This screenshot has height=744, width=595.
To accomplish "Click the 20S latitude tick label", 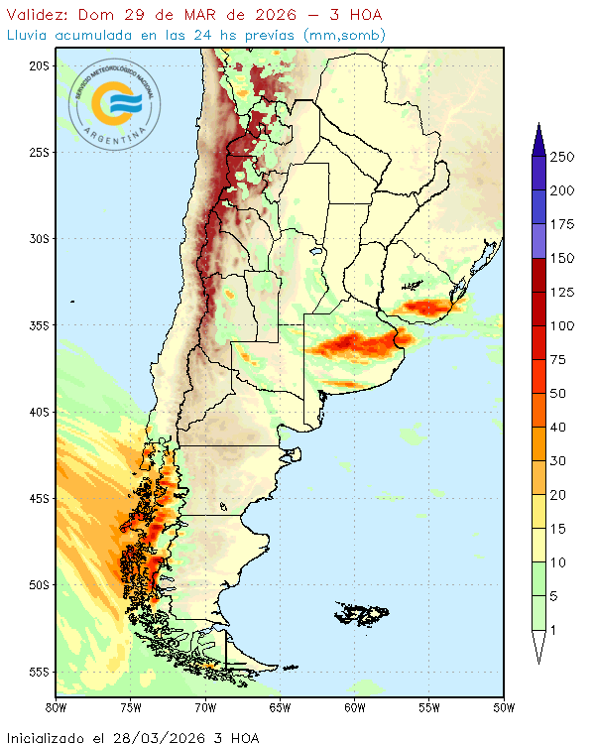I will (38, 65).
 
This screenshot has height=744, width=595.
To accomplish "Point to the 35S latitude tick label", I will (38, 325).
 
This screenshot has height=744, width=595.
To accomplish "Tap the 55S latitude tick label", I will (38, 672).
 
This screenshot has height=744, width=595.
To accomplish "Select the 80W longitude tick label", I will (57, 707).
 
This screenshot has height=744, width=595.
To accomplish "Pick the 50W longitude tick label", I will (504, 707).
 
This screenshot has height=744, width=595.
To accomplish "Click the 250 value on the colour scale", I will (563, 157).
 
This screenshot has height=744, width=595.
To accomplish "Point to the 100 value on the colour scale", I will (563, 326).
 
